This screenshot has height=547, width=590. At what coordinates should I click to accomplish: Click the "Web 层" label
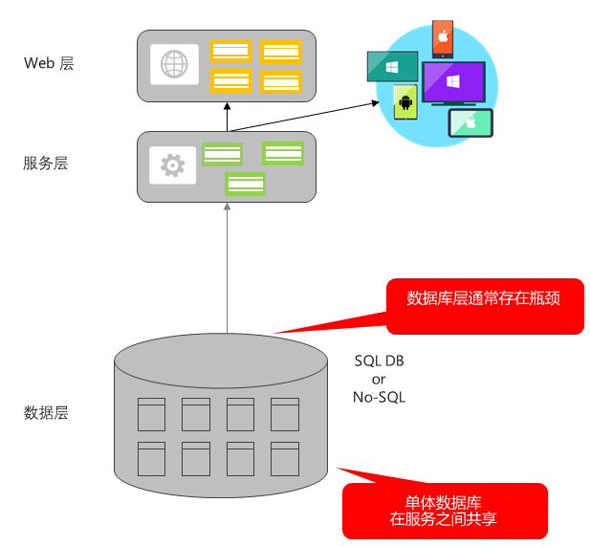(x=49, y=64)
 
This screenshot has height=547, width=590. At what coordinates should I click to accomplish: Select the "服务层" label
(x=46, y=164)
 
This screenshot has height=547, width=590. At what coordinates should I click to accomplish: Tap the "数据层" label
(x=46, y=413)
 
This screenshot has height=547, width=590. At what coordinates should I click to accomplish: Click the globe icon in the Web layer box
(x=174, y=65)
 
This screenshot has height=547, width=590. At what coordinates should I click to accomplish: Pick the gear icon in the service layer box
(x=172, y=165)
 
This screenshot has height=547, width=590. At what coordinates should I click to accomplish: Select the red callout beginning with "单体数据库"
(x=444, y=511)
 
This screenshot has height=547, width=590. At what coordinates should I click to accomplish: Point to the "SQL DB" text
(x=380, y=361)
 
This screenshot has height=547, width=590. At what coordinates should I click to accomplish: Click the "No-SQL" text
(x=380, y=397)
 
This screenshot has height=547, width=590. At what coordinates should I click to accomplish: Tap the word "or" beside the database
(x=379, y=380)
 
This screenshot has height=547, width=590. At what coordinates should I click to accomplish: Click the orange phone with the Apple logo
(x=443, y=38)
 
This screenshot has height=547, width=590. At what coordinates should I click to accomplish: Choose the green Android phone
(x=405, y=101)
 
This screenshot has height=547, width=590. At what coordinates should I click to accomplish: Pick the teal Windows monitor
(x=392, y=67)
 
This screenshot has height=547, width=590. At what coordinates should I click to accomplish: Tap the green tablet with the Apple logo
(x=470, y=123)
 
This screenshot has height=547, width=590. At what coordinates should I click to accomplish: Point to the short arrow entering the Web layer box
(x=227, y=116)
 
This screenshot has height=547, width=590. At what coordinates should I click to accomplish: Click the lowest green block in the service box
(x=246, y=184)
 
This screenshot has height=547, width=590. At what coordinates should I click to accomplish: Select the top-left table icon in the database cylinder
(x=152, y=414)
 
